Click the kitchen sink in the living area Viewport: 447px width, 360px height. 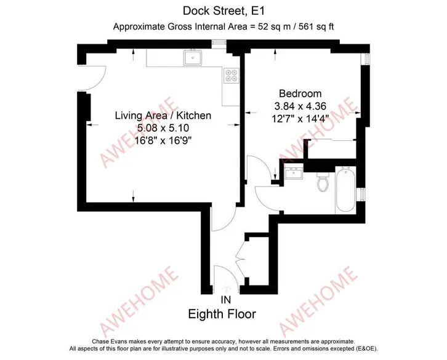tap(193, 58)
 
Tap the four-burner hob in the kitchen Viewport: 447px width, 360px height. tap(232, 75)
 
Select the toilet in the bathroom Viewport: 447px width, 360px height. tap(323, 182)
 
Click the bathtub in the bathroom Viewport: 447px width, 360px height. tap(345, 190)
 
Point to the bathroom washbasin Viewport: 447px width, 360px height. tap(294, 174)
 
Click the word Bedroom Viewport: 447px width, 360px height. tap(300, 94)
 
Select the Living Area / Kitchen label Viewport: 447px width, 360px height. tap(163, 116)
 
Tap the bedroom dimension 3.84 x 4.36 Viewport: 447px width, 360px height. tap(300, 106)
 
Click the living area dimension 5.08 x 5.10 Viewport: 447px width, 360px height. tap(163, 128)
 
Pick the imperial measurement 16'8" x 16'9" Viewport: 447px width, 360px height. tap(163, 140)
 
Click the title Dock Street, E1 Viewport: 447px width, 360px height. tap(223, 11)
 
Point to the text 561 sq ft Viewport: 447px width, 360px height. tap(316, 26)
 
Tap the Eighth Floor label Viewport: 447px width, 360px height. tap(222, 314)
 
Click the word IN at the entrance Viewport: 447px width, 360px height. tap(226, 300)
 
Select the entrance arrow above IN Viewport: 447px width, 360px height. tap(227, 289)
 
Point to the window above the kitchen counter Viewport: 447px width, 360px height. tap(219, 42)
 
